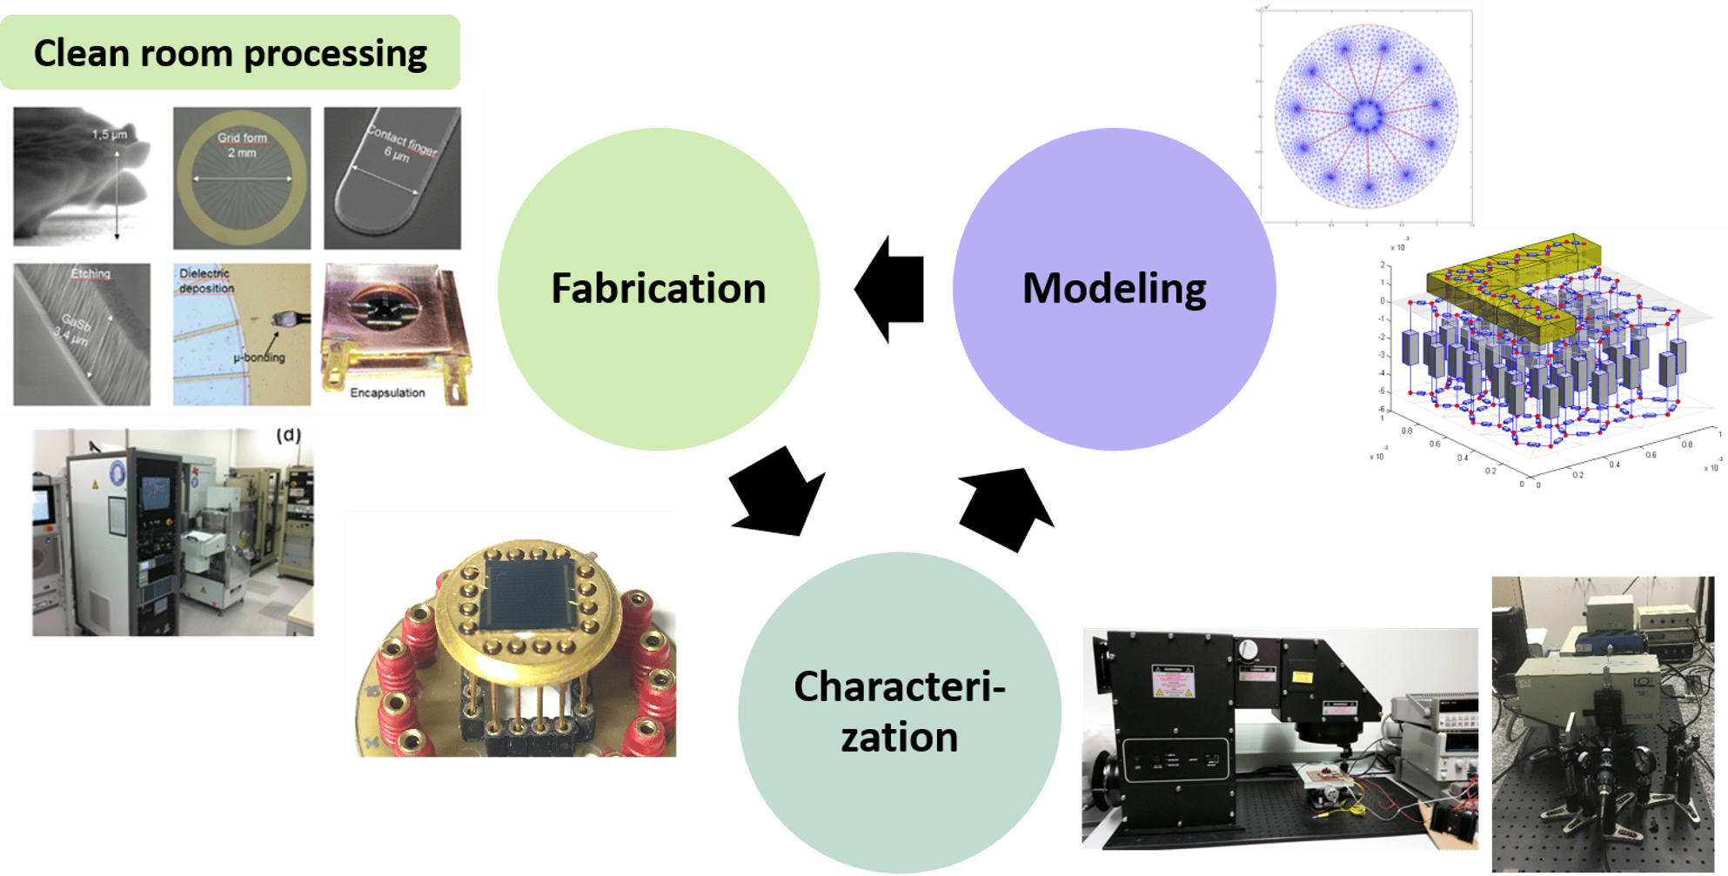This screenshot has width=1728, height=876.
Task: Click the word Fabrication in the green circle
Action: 658,289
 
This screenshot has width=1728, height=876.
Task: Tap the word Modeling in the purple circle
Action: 1114,289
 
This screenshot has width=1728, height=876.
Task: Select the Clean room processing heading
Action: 230,53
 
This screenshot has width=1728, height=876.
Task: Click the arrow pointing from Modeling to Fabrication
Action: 889,290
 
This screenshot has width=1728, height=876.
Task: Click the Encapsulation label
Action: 387,393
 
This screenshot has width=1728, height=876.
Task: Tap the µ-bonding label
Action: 258,358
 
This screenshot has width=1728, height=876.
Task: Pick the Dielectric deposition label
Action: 205,281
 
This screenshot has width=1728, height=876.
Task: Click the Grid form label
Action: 242,137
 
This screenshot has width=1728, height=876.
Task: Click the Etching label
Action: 90,274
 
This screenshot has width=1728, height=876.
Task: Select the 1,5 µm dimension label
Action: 110,135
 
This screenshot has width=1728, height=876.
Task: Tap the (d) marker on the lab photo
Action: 289,435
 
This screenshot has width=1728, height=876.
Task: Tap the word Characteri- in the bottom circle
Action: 899,687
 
